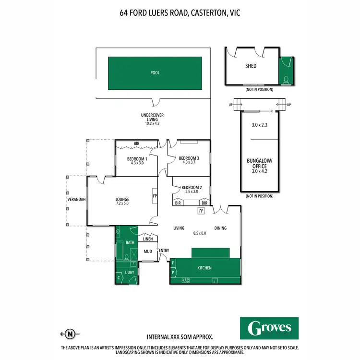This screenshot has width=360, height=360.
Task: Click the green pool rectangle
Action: [x=154, y=73]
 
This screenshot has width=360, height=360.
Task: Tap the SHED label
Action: [x=251, y=66]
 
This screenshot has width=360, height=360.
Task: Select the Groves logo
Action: [x=269, y=328]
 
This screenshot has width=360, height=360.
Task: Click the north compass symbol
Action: [x=71, y=335]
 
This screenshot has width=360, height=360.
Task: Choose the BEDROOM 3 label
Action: [x=189, y=158]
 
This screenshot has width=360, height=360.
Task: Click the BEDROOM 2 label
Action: [x=191, y=187]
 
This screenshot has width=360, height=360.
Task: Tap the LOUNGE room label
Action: [x=122, y=199]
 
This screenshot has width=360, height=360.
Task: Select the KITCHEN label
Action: [x=204, y=268]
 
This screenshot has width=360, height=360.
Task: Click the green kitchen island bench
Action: [x=210, y=253]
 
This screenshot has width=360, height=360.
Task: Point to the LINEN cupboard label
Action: [x=147, y=239]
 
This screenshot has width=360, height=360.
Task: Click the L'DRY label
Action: [x=130, y=273]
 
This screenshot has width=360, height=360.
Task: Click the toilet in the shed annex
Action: [x=286, y=79]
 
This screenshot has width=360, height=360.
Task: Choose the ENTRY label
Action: [x=164, y=251]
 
